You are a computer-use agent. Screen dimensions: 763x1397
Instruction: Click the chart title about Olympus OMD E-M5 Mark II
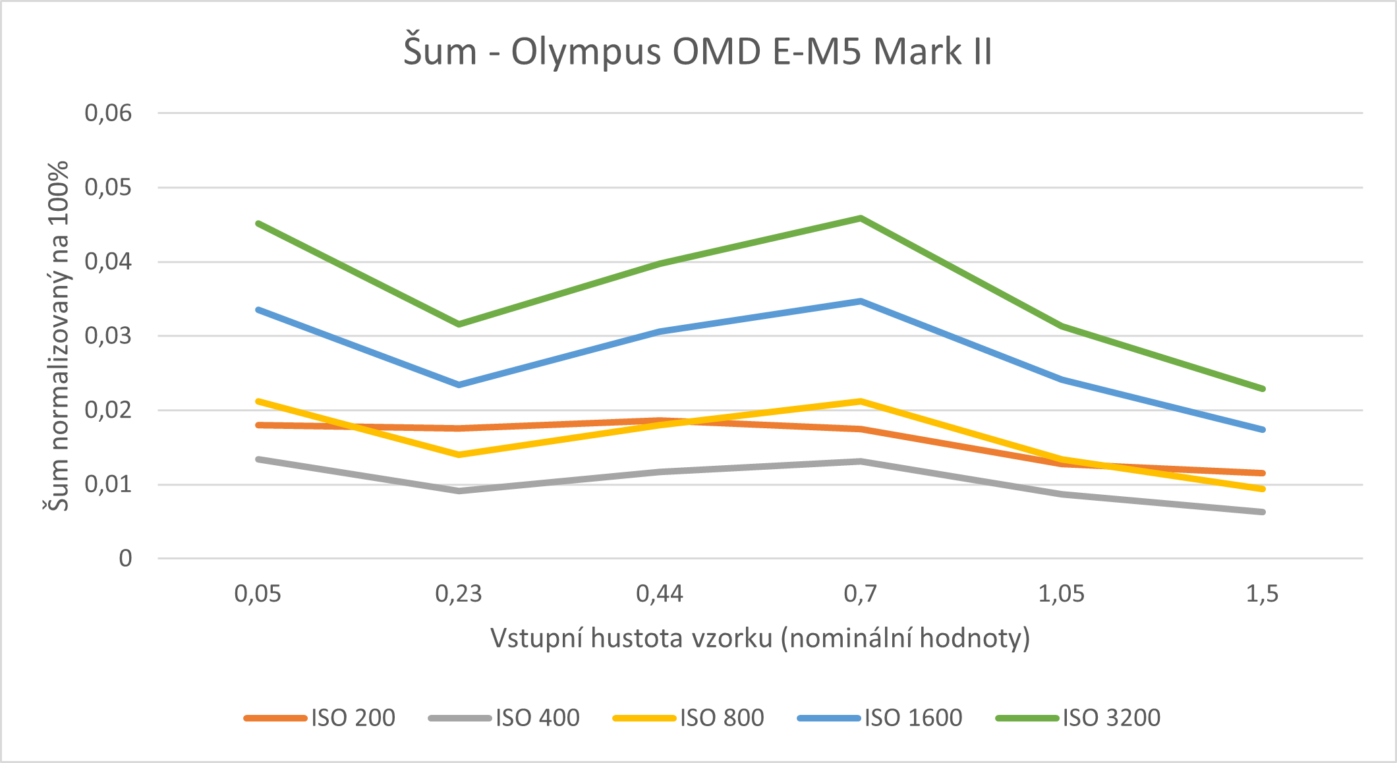(x=698, y=51)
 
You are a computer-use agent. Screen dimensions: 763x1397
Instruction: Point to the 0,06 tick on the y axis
(x=108, y=113)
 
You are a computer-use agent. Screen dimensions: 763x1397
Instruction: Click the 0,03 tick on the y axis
(x=108, y=336)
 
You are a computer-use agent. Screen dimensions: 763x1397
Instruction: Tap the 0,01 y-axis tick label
(x=108, y=485)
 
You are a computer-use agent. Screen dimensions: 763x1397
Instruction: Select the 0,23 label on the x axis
(x=459, y=594)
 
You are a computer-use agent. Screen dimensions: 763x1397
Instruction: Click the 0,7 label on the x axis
(x=861, y=594)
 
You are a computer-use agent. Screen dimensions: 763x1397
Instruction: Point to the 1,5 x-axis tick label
(x=1262, y=594)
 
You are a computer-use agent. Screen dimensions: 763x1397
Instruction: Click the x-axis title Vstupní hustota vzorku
(x=760, y=638)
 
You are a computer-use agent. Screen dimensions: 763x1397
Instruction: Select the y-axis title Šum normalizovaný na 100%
(x=58, y=336)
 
